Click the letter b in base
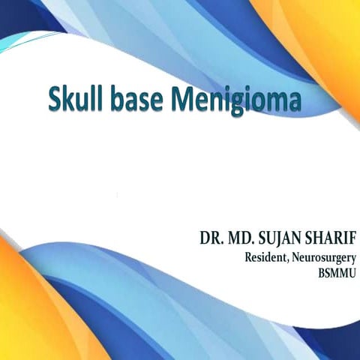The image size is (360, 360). click(x=127, y=100)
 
